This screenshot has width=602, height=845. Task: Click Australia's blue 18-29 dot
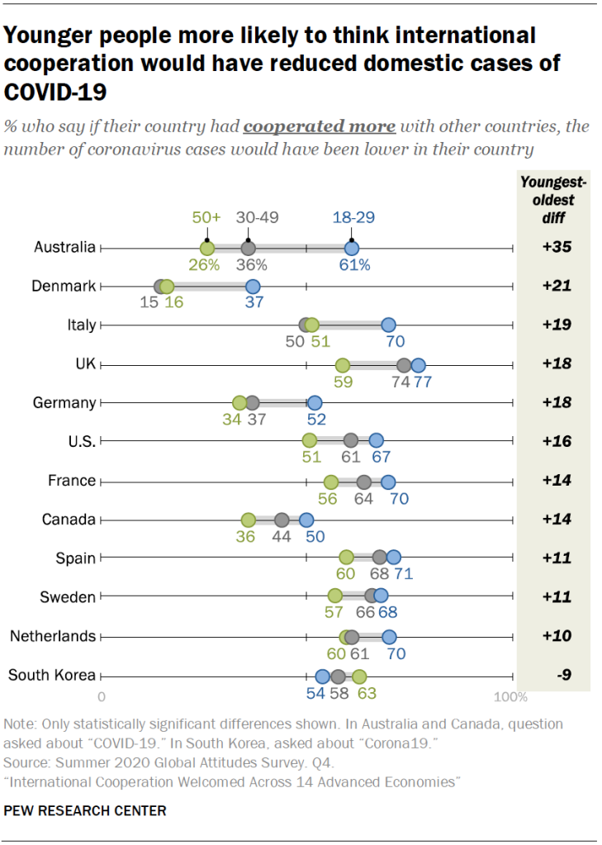pyautogui.click(x=352, y=248)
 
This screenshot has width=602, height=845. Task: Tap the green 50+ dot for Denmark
pyautogui.click(x=167, y=287)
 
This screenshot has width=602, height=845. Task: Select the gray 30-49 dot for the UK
pyautogui.click(x=404, y=365)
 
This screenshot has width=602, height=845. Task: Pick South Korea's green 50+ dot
pyautogui.click(x=359, y=676)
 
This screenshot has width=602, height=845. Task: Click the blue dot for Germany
pyautogui.click(x=315, y=403)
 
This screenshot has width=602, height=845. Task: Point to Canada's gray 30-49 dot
pyautogui.click(x=282, y=520)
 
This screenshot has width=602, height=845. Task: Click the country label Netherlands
pyautogui.click(x=53, y=636)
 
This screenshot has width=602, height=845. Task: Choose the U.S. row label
pyautogui.click(x=81, y=442)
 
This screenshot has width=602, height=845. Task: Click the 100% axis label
pyautogui.click(x=510, y=697)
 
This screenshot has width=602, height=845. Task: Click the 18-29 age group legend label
pyautogui.click(x=353, y=218)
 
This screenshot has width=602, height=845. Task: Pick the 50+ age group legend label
pyautogui.click(x=207, y=218)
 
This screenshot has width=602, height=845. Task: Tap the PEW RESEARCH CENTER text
pyautogui.click(x=85, y=810)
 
